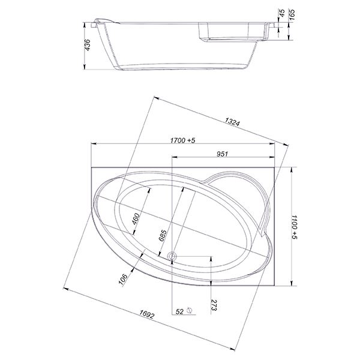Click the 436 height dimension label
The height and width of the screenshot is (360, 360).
[88, 45]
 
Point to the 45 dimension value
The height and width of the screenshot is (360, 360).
[282, 13]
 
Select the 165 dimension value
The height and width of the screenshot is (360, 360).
[292, 14]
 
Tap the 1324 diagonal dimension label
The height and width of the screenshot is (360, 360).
[232, 121]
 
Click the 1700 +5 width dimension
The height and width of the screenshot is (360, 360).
[182, 140]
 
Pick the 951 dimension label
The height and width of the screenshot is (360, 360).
[222, 154]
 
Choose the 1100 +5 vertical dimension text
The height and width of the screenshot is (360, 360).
[294, 227]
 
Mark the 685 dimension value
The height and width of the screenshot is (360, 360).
[163, 235]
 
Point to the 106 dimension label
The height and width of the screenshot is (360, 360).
[123, 279]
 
